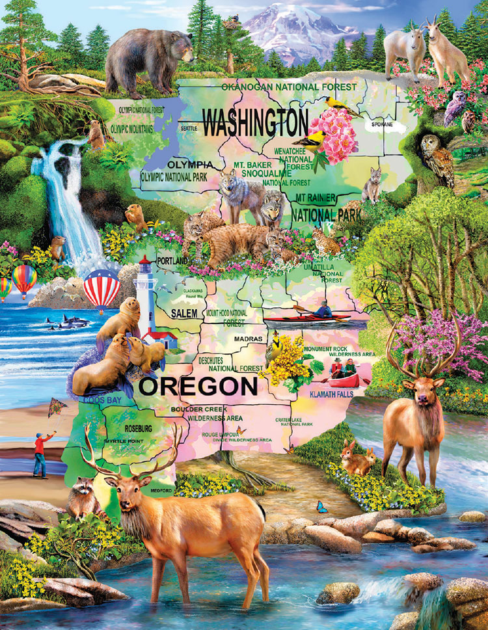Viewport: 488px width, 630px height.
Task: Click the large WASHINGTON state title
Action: coord(254,122)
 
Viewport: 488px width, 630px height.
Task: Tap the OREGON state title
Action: coord(199,387)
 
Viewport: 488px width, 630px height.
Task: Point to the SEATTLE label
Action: coord(189,129)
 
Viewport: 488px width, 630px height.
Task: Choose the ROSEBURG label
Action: coord(137,429)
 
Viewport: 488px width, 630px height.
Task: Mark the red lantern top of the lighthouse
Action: coord(144,264)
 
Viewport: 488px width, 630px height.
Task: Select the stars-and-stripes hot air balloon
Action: coord(102,288)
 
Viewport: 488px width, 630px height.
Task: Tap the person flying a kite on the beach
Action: coord(40,454)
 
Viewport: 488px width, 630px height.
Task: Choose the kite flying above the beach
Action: coord(57,407)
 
